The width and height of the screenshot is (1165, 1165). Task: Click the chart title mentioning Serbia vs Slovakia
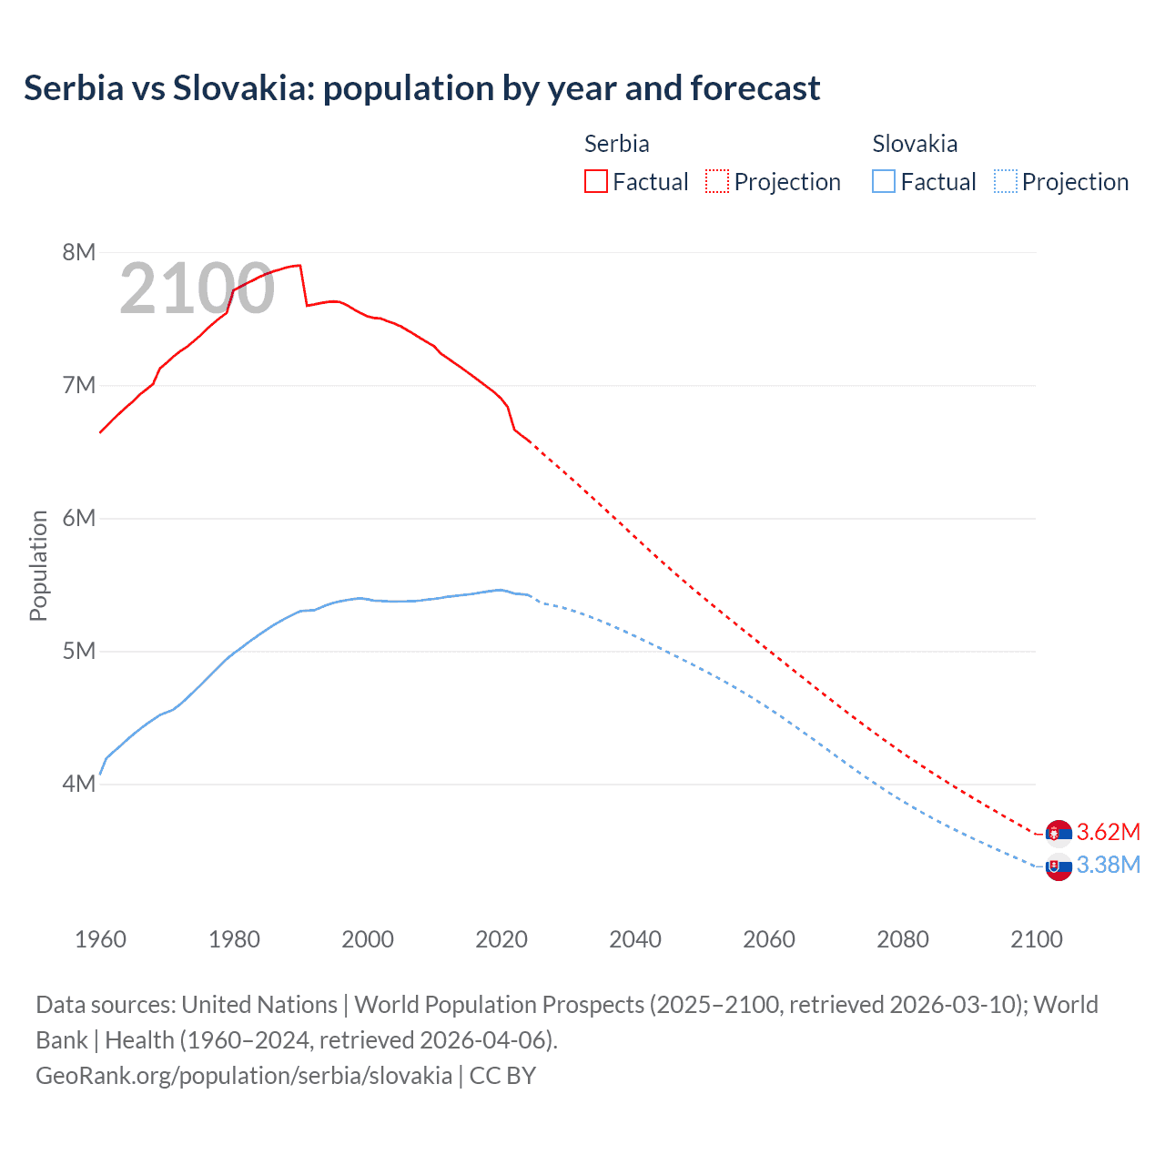(x=421, y=88)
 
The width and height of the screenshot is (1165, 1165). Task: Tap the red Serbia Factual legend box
(x=595, y=181)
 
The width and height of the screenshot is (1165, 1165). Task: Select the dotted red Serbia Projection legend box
(x=716, y=181)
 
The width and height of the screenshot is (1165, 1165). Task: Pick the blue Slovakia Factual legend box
(x=883, y=181)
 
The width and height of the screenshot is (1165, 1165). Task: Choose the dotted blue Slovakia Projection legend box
(x=1005, y=181)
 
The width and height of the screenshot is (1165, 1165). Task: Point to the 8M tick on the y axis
(x=79, y=252)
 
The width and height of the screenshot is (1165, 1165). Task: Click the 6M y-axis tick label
(x=79, y=518)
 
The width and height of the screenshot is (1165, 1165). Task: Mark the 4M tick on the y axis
(x=79, y=784)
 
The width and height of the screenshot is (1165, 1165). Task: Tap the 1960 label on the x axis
(x=100, y=939)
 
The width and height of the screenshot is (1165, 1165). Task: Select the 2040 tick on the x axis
(x=635, y=939)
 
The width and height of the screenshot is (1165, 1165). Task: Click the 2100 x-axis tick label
(x=1036, y=939)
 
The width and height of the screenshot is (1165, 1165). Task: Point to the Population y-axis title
(x=38, y=565)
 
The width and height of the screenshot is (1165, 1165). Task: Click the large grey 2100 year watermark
(x=197, y=289)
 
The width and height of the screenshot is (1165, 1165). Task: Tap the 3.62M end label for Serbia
(x=1108, y=832)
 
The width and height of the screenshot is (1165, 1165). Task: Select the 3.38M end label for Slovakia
(x=1108, y=865)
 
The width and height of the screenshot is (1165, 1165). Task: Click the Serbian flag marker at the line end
(x=1059, y=832)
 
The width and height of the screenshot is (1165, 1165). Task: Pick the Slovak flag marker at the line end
(x=1059, y=866)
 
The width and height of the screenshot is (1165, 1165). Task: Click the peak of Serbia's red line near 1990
(x=299, y=265)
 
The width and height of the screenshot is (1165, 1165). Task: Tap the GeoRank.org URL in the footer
(x=244, y=1076)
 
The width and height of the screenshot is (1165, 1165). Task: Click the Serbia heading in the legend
(x=616, y=144)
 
